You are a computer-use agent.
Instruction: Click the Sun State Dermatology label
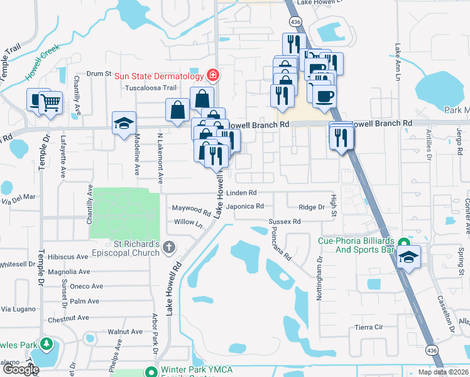pos(158,76)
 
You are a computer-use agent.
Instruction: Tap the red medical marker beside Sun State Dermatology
pos(212,76)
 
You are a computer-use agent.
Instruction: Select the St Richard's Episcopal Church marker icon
pos(168,249)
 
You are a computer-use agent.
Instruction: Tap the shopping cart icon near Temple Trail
pos(51,102)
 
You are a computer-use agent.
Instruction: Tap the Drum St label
pos(99,74)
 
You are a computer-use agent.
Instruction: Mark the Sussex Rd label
pos(285,222)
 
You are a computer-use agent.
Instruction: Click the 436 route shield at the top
pos(295,23)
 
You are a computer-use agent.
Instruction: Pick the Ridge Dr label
pos(312,207)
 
